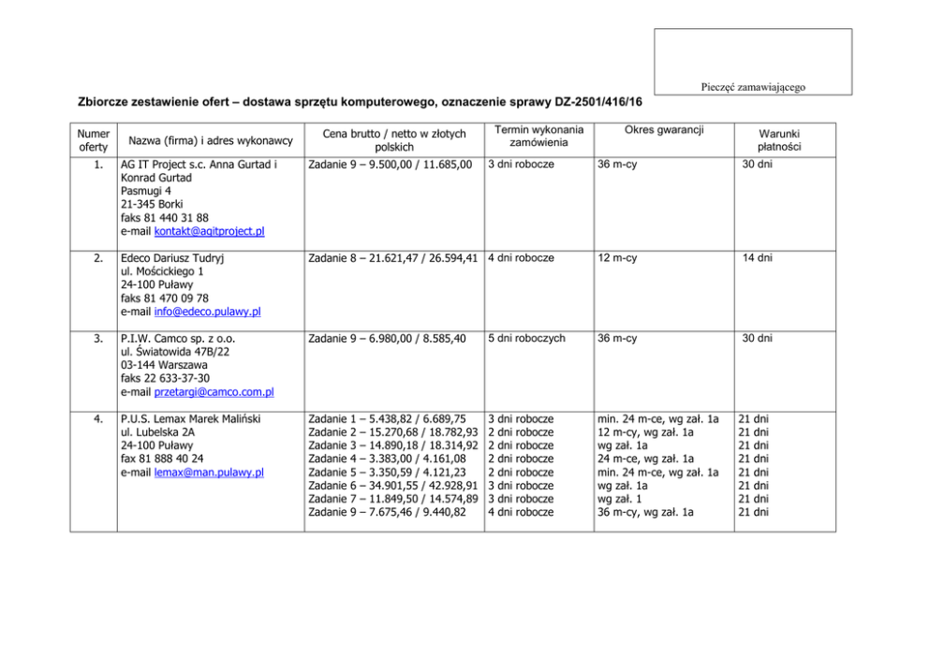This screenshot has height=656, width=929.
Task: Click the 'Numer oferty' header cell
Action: (93, 140)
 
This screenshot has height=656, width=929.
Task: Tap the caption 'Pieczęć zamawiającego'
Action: (752, 87)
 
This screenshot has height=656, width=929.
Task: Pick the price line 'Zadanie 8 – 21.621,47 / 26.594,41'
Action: (393, 257)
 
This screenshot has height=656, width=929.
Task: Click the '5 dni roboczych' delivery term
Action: (526, 338)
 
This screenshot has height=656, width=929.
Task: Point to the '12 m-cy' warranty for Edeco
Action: (618, 257)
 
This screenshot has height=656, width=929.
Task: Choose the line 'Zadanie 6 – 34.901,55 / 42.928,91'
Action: (393, 486)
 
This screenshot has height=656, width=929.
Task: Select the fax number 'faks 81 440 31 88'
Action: (165, 217)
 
